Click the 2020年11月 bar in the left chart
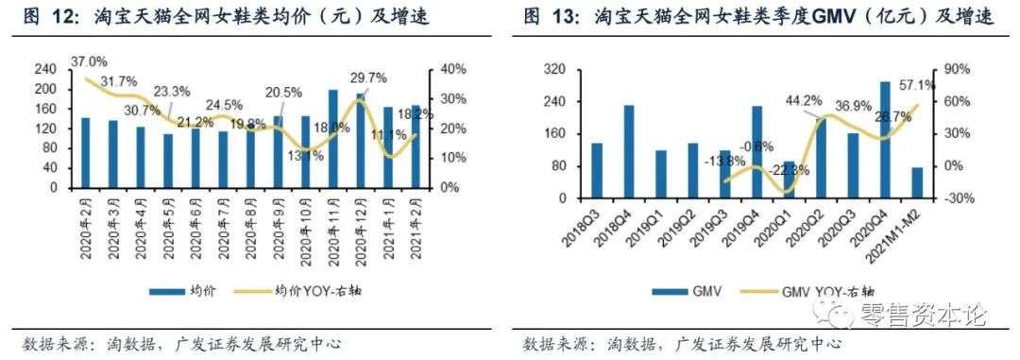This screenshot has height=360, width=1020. coord(332,138)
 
